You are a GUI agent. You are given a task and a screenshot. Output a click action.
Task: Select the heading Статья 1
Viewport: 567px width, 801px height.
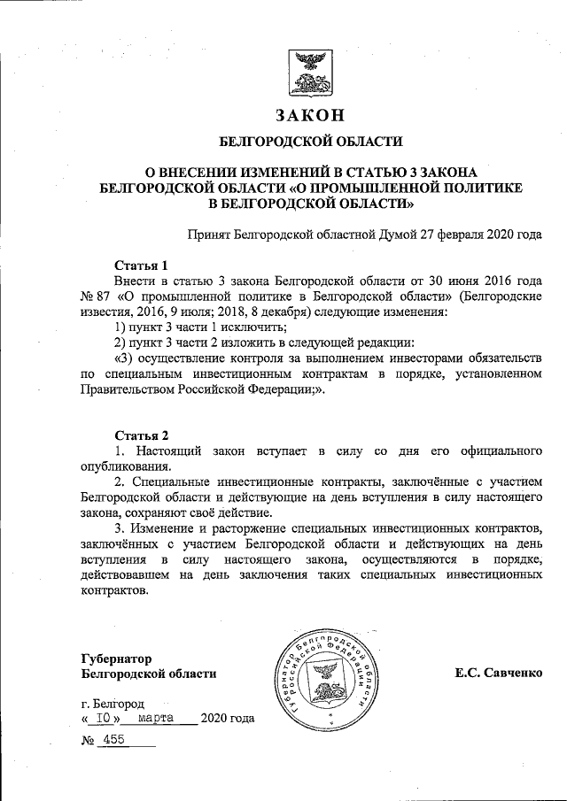point(142,265)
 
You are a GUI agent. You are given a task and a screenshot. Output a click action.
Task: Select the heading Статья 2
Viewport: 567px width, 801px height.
point(142,435)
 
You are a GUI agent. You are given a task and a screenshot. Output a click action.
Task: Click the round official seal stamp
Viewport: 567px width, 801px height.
point(333,674)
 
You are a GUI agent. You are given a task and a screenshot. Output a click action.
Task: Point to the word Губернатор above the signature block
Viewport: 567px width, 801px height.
point(116,659)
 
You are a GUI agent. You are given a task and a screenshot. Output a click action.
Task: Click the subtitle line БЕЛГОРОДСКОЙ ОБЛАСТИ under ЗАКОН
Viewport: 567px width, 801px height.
point(311,142)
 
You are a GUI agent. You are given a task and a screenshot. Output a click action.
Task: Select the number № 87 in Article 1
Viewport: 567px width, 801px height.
point(95,297)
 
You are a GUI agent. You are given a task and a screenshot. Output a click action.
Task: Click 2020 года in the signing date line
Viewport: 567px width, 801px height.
point(228,718)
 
